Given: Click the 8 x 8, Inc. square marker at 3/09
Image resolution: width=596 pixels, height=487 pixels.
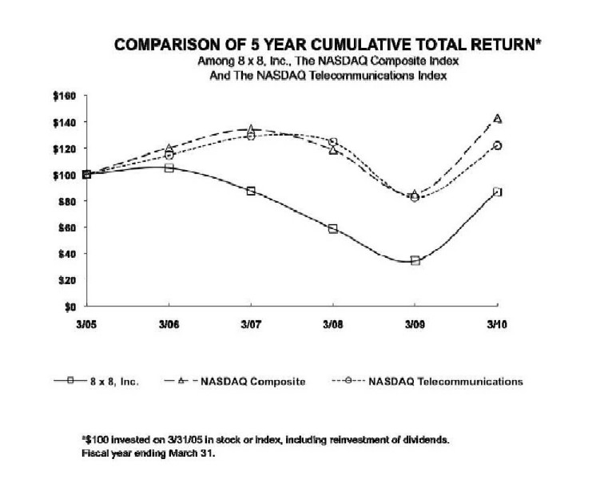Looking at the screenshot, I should click(415, 260).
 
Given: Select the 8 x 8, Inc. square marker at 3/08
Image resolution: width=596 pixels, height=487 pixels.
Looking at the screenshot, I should click(332, 229).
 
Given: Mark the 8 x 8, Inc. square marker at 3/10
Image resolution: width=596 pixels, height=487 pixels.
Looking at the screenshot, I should click(497, 192).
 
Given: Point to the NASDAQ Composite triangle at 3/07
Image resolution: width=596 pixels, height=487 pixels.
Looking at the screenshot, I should click(251, 129).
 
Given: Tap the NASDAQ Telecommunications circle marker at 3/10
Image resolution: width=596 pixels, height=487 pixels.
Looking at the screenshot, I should click(497, 145).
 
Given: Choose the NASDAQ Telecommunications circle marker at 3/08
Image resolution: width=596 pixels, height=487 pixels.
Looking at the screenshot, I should click(332, 142).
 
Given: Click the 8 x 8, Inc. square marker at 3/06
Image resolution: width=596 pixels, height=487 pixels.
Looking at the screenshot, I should click(169, 168).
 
